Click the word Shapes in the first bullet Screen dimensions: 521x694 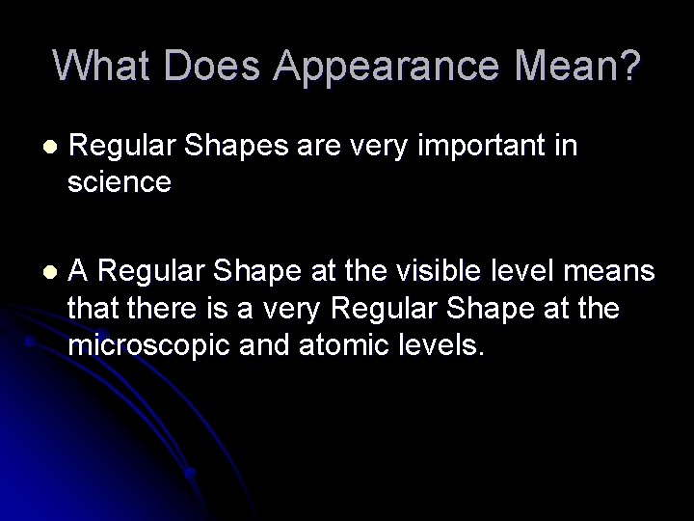point(225,149)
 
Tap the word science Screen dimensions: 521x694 point(120,181)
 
